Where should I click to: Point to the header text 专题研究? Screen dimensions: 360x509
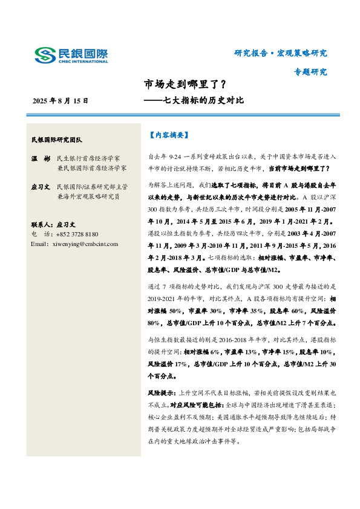310,72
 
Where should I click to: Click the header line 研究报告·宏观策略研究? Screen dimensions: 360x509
281,53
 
